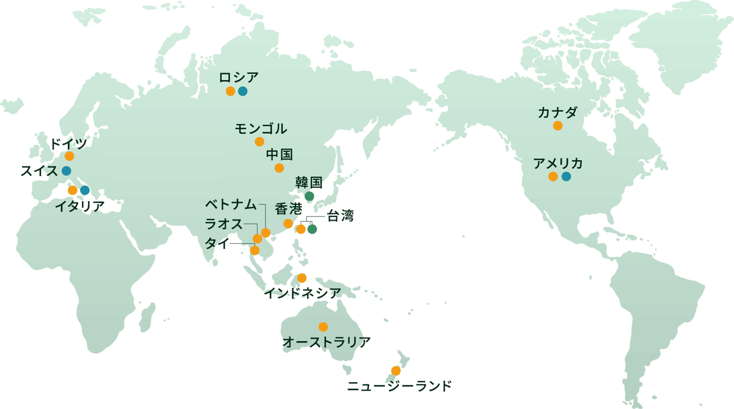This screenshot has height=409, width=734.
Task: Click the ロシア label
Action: click(239, 78)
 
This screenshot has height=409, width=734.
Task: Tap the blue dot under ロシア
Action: click(243, 91)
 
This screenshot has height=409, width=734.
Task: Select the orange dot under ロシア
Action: click(231, 91)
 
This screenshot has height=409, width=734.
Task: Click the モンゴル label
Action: click(261, 128)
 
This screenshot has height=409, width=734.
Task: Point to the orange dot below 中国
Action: click(279, 168)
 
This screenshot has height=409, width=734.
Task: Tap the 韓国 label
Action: click(308, 182)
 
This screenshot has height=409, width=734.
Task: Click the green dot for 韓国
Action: click(310, 196)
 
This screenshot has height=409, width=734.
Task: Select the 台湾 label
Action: click(340, 215)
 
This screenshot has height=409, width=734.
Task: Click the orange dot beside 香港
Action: click(288, 223)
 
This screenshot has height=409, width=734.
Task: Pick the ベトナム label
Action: click(231, 204)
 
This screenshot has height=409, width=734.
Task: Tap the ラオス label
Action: click(224, 224)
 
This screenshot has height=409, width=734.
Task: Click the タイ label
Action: click(217, 243)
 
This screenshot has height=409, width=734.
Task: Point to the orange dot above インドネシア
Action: click(302, 278)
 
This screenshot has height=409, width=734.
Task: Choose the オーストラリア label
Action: click(326, 342)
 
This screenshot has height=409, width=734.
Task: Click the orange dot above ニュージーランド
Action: click(396, 370)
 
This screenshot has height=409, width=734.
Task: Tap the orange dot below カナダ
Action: click(557, 125)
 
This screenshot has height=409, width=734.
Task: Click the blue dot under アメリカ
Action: click(566, 177)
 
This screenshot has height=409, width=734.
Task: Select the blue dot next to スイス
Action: click(66, 170)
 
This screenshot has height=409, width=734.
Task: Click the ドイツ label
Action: click(69, 144)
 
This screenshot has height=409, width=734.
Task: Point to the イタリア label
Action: click(80, 206)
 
